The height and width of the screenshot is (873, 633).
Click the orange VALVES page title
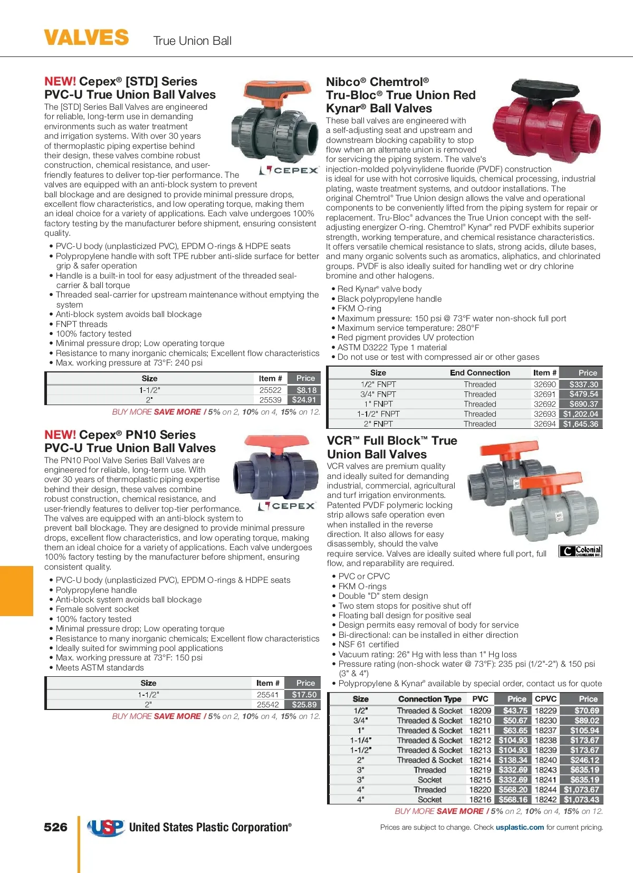click(87, 38)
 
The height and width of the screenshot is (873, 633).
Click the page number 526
click(56, 827)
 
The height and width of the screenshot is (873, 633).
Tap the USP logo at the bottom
click(106, 828)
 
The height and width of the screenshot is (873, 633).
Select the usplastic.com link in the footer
click(520, 827)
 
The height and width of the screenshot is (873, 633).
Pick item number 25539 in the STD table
click(270, 400)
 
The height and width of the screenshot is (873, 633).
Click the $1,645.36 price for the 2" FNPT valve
click(580, 424)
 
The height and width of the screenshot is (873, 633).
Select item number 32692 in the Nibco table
click(544, 404)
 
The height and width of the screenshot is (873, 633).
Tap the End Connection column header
click(479, 372)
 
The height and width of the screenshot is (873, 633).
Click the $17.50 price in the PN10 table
click(304, 695)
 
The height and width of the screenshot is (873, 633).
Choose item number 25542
click(267, 704)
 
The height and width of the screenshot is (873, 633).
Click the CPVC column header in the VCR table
click(545, 698)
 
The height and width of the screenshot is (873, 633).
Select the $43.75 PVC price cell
click(515, 711)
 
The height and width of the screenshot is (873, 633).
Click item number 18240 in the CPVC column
click(545, 760)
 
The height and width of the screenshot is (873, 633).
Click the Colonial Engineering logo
click(580, 551)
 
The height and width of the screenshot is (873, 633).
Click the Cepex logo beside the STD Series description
click(289, 170)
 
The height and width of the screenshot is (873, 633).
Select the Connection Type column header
click(429, 698)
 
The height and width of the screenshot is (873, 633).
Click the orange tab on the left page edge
click(16, 591)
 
